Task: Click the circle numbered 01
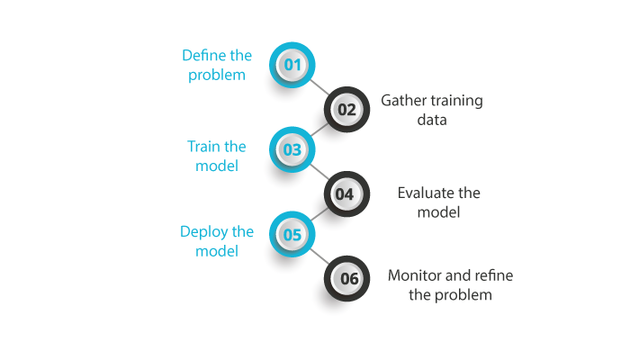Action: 292,65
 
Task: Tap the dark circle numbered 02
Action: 346,110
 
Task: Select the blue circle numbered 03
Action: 292,150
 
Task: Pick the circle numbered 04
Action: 346,193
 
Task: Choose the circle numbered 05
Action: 292,235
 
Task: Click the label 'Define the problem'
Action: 217,65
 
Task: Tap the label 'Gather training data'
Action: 431,109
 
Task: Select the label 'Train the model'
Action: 216,156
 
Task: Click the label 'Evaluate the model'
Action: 439,202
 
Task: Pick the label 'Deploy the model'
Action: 216,241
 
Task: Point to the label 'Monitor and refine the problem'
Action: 450,284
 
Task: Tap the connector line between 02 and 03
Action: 319,130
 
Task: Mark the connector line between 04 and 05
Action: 319,214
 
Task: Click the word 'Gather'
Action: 402,101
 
